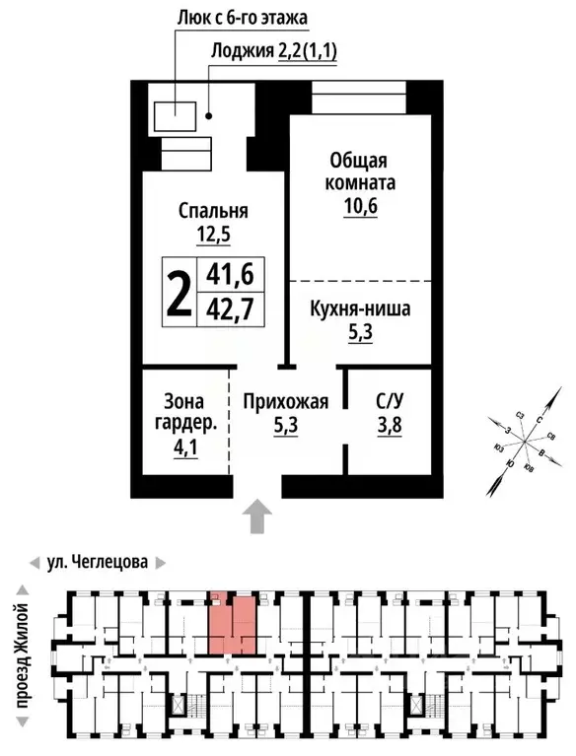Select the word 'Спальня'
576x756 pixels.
pyautogui.click(x=213, y=210)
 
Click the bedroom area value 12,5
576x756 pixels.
pyautogui.click(x=213, y=235)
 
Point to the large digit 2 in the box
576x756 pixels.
pyautogui.click(x=179, y=293)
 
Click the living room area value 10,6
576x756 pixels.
pyautogui.click(x=349, y=205)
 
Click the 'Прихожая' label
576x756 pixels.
pyautogui.click(x=285, y=401)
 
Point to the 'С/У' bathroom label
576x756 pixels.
pyautogui.click(x=389, y=401)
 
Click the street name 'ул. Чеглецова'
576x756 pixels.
pyautogui.click(x=98, y=563)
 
